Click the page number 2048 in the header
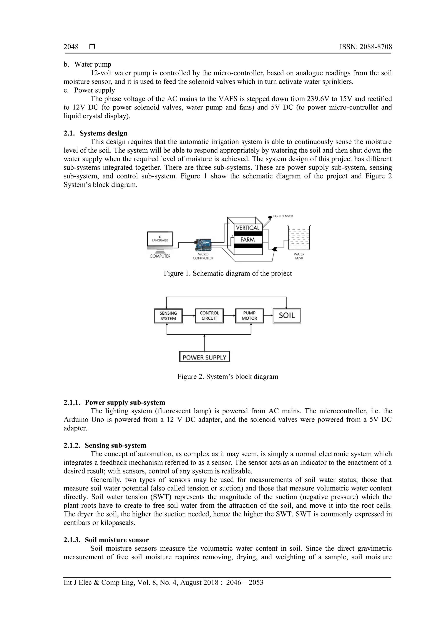71,47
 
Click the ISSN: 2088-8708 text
365,47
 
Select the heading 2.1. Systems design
95,133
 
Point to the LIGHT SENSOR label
283,216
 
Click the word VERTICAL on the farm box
247,228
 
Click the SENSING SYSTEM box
168,316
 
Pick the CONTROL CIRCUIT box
209,316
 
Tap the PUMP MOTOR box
249,316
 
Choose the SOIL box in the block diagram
287,316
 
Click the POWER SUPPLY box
204,357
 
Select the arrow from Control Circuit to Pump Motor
229,316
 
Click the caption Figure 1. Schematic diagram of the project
227,273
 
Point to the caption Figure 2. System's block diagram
227,377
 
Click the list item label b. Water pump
88,65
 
